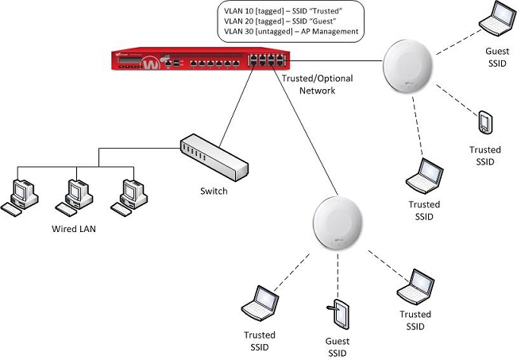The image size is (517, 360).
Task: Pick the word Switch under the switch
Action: pyautogui.click(x=214, y=192)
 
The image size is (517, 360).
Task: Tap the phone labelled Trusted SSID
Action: pyautogui.click(x=485, y=123)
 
